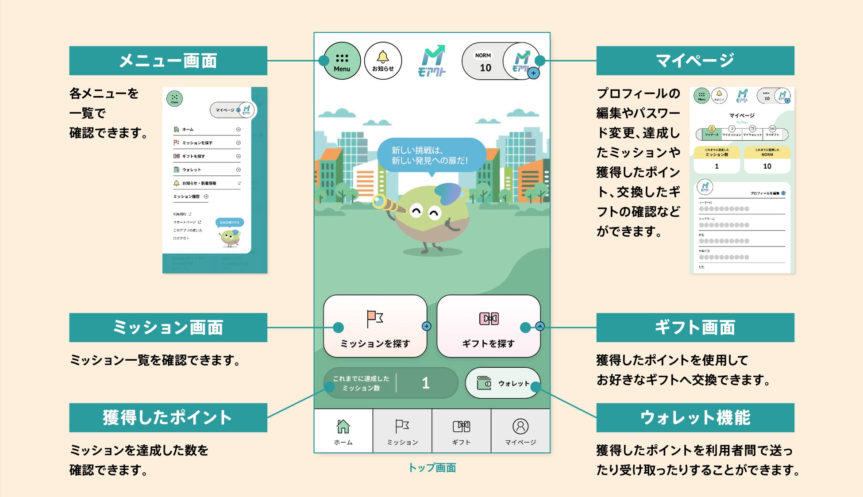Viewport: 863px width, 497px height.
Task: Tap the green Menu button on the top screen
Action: pos(342,62)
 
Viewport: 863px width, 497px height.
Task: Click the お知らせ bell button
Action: pos(383,62)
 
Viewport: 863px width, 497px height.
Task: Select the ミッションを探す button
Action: pos(375,326)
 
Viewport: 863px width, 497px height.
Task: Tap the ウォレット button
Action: pos(503,383)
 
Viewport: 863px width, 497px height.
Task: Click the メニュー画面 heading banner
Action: pos(168,61)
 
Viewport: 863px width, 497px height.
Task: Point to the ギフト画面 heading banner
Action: pos(695,327)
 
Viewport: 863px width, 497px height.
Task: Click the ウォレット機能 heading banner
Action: pos(695,417)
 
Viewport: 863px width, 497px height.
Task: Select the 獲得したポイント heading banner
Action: pos(168,417)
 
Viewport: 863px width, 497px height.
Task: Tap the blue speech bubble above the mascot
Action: pos(431,155)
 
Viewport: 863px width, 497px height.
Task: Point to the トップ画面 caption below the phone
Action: pos(432,468)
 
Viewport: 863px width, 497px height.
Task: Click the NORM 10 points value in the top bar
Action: pos(485,67)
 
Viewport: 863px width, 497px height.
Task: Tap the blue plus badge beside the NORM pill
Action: pos(534,73)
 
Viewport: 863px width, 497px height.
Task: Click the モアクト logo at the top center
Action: pos(432,61)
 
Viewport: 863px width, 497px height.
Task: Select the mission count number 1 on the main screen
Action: pos(425,383)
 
